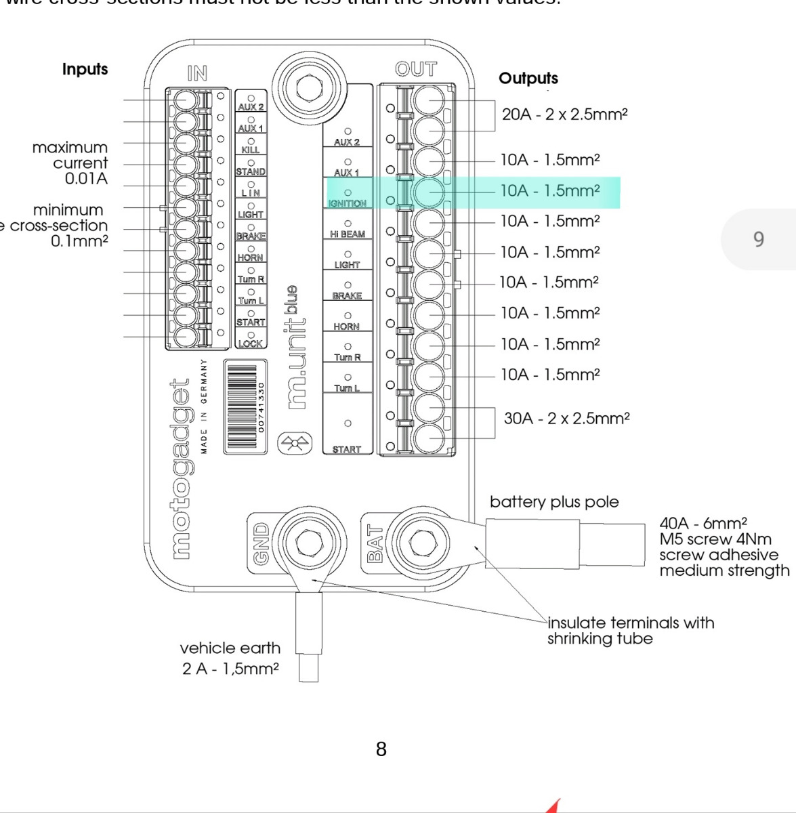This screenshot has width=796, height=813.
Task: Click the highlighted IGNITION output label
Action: pyautogui.click(x=348, y=203)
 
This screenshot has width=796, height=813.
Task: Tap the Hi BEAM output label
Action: pyautogui.click(x=348, y=234)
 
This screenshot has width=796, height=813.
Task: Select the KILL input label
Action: pyautogui.click(x=251, y=150)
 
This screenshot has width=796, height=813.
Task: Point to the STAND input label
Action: pyautogui.click(x=251, y=171)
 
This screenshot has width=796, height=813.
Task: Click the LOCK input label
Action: pyautogui.click(x=250, y=343)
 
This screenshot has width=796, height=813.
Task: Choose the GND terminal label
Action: pyautogui.click(x=261, y=543)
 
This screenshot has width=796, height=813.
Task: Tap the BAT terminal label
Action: pyautogui.click(x=375, y=544)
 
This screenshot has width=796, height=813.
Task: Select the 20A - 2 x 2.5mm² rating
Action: pyautogui.click(x=564, y=114)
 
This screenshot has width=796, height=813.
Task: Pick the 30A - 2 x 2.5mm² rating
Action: pyautogui.click(x=566, y=419)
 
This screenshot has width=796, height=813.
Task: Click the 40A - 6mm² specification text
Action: pyautogui.click(x=703, y=523)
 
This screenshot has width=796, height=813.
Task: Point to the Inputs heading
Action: pyautogui.click(x=85, y=69)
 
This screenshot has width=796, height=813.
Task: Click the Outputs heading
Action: pyautogui.click(x=528, y=79)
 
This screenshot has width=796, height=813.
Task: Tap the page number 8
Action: pyautogui.click(x=381, y=749)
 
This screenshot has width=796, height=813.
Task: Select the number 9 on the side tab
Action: pyautogui.click(x=759, y=239)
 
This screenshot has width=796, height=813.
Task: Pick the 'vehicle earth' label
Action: pyautogui.click(x=230, y=648)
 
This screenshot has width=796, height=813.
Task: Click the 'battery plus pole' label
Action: pyautogui.click(x=554, y=502)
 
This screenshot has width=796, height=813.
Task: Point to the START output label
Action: pyautogui.click(x=347, y=449)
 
